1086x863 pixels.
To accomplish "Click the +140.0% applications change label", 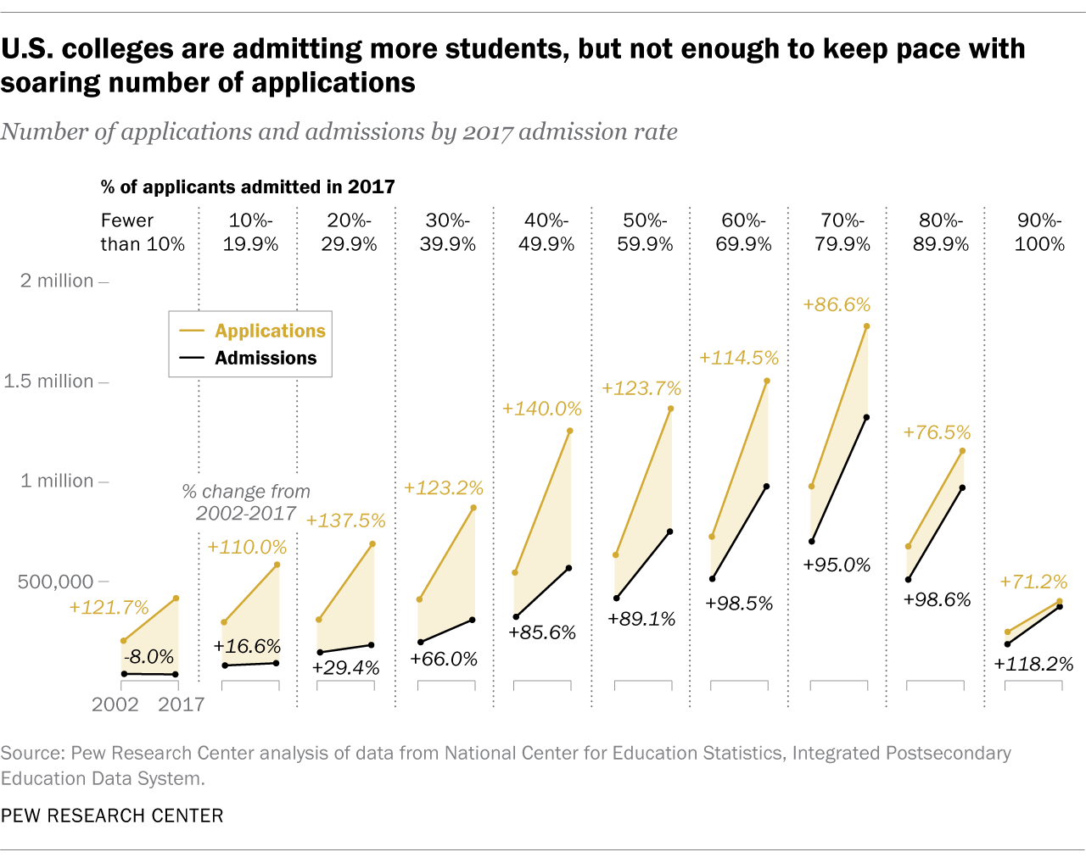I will [x=542, y=409].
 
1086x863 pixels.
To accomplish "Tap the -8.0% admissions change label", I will [x=148, y=657].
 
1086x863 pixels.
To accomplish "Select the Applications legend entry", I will [x=270, y=331].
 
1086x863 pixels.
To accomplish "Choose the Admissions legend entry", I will [x=266, y=358].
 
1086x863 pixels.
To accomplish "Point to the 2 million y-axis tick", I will [x=57, y=281].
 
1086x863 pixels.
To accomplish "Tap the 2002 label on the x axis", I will [x=115, y=704].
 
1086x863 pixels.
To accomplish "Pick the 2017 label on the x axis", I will [x=182, y=704].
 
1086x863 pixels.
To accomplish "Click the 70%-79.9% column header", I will [x=842, y=232].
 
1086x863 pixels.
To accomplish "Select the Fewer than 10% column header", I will [x=143, y=232].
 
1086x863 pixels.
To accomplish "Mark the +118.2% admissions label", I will [x=1034, y=664].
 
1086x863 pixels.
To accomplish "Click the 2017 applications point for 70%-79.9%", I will [x=866, y=326].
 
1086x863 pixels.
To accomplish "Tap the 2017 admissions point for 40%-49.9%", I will [x=568, y=568].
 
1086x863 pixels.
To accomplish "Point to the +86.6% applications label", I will [x=837, y=305].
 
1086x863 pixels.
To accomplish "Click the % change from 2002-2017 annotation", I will [x=246, y=502].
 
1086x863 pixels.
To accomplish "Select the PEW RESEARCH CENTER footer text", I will [x=112, y=816].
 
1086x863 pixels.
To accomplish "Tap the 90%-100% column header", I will [x=1039, y=232].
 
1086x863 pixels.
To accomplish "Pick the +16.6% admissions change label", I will [x=247, y=646].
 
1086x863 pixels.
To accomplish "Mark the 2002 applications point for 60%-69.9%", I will [x=712, y=537].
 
